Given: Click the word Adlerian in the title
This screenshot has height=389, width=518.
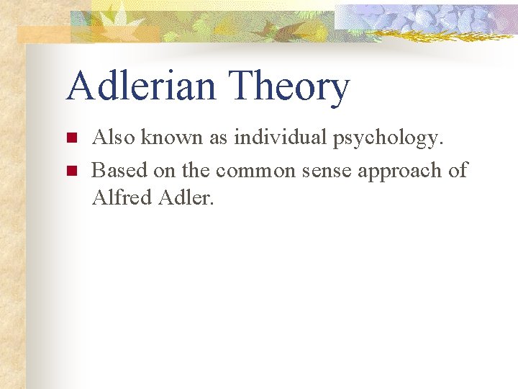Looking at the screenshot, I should [139, 86].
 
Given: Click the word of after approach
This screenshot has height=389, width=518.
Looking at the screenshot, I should [458, 170].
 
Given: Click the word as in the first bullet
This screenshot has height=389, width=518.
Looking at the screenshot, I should [219, 138].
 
